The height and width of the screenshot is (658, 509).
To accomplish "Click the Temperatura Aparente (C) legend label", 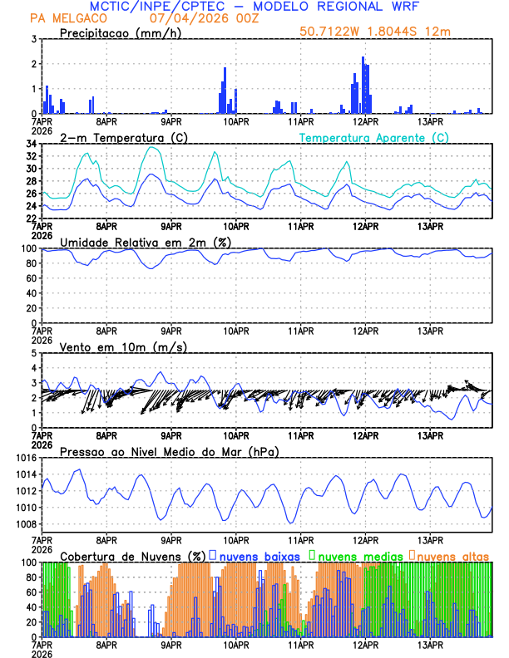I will point(373,137).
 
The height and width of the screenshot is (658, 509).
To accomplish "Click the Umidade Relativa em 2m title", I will point(143,242).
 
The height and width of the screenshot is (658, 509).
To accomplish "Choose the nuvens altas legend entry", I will point(452,555).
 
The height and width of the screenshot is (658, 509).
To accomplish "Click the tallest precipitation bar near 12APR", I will point(363,83).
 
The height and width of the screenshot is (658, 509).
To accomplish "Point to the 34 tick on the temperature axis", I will point(31,144).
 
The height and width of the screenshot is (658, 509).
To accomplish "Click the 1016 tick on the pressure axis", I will point(25,458).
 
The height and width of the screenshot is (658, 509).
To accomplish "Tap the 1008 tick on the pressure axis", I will point(25,524).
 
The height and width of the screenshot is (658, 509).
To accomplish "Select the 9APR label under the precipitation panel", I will point(171,121).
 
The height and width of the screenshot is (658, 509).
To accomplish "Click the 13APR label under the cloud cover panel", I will point(430,645).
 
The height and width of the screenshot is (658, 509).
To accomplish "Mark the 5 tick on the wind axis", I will point(33,353).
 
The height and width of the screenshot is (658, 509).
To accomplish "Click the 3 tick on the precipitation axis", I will point(33,39).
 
